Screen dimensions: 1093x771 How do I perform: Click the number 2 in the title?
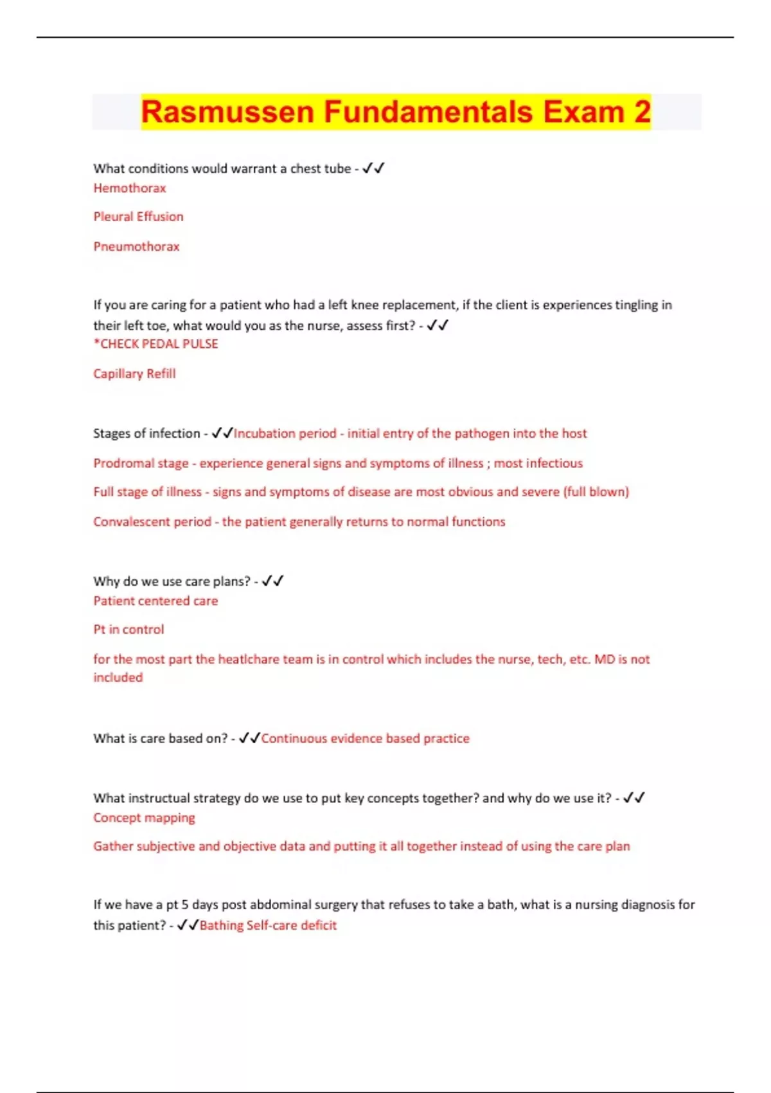pyautogui.click(x=642, y=112)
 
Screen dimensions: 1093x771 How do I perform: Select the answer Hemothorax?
pyautogui.click(x=130, y=188)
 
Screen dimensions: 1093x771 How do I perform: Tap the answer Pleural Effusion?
pyautogui.click(x=138, y=217)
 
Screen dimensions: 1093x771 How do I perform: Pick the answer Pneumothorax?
pyautogui.click(x=136, y=247)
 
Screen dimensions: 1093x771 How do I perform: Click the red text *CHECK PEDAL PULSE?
pyautogui.click(x=156, y=344)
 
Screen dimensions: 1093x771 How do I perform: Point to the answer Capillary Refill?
pyautogui.click(x=134, y=374)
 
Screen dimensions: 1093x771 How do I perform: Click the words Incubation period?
pyautogui.click(x=285, y=434)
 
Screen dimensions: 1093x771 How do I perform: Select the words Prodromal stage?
pyautogui.click(x=141, y=464)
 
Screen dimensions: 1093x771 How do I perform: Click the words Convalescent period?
pyautogui.click(x=152, y=522)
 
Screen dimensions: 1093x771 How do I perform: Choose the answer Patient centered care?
pyautogui.click(x=155, y=601)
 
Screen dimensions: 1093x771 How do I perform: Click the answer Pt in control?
pyautogui.click(x=128, y=629)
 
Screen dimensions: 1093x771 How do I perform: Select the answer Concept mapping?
pyautogui.click(x=144, y=818)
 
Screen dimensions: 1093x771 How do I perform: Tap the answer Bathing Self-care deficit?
pyautogui.click(x=268, y=926)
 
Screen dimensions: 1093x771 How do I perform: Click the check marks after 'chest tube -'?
pyautogui.click(x=373, y=168)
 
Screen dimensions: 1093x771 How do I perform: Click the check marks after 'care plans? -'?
pyautogui.click(x=272, y=581)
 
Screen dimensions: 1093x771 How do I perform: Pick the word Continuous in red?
pyautogui.click(x=294, y=739)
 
